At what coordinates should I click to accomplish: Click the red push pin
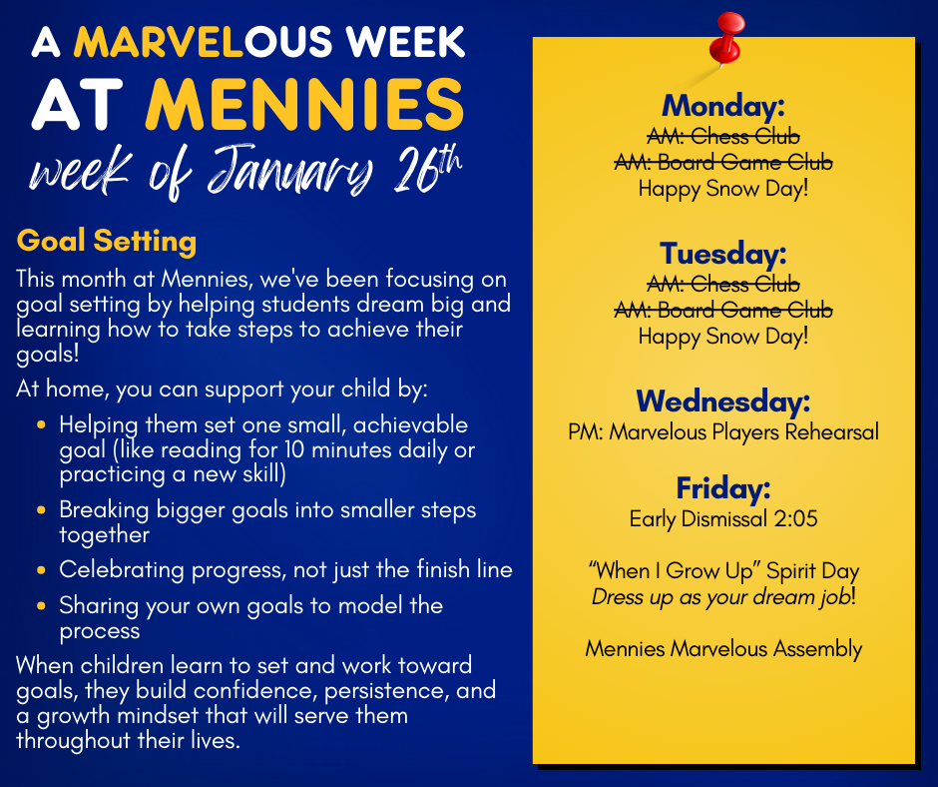(x=726, y=39)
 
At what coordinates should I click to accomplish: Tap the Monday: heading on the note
(x=723, y=106)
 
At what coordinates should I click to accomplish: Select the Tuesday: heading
(x=723, y=254)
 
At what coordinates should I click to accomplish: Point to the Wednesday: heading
(x=723, y=401)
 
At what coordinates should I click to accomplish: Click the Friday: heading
(x=723, y=488)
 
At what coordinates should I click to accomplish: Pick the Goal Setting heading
(x=107, y=242)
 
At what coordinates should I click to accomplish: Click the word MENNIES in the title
(x=305, y=105)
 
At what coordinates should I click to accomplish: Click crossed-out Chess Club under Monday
(x=745, y=137)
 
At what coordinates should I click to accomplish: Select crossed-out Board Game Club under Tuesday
(x=745, y=311)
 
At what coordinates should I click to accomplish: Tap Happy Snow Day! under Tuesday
(x=723, y=337)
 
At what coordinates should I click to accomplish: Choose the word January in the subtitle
(x=290, y=172)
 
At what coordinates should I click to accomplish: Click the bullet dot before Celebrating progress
(x=41, y=569)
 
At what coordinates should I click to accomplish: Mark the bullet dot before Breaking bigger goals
(x=41, y=510)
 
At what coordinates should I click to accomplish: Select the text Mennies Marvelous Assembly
(x=723, y=648)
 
